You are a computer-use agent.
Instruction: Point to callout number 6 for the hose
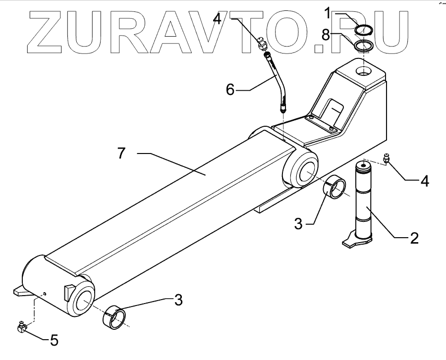coord(229,89)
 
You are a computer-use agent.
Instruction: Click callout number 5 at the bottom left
coord(54,340)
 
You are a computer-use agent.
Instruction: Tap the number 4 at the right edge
coord(424,181)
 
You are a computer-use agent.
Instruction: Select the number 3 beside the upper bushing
coord(298,223)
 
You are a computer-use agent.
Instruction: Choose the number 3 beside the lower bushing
coord(178,300)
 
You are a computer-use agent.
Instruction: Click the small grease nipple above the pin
coord(387,158)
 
